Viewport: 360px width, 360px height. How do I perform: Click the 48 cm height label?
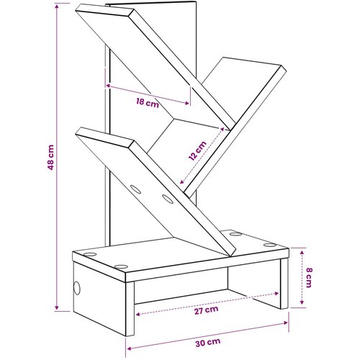pos(51,157)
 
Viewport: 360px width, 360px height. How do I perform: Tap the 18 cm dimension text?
pos(148,103)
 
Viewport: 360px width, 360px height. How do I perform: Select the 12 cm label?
pos(197,150)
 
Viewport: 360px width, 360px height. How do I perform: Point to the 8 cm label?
pos(309,277)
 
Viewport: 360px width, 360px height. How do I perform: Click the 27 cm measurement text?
pos(206,310)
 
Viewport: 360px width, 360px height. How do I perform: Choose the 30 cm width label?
pos(207,342)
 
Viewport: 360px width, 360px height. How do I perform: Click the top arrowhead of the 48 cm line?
pos(57,6)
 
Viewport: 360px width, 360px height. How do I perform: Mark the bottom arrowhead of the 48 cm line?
pos(57,307)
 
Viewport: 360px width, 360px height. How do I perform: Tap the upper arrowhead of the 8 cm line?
pos(302,252)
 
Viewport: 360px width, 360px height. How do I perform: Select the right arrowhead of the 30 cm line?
pos(285,323)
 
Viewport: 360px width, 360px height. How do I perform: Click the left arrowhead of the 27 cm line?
pos(138,314)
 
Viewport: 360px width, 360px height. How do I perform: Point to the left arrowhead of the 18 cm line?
pos(108,86)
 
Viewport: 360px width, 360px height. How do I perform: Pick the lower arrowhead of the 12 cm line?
pos(182,181)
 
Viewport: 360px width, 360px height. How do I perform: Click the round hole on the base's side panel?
pos(76,288)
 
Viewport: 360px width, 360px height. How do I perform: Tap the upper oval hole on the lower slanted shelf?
pos(135,189)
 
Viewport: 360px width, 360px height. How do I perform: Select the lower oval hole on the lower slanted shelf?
pos(167,199)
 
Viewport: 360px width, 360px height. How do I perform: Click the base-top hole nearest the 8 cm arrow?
pos(270,245)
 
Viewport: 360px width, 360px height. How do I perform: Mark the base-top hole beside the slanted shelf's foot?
pos(235,234)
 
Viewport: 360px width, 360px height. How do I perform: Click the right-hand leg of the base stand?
pos(284,283)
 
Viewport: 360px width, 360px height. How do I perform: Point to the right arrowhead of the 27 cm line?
pos(276,293)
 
